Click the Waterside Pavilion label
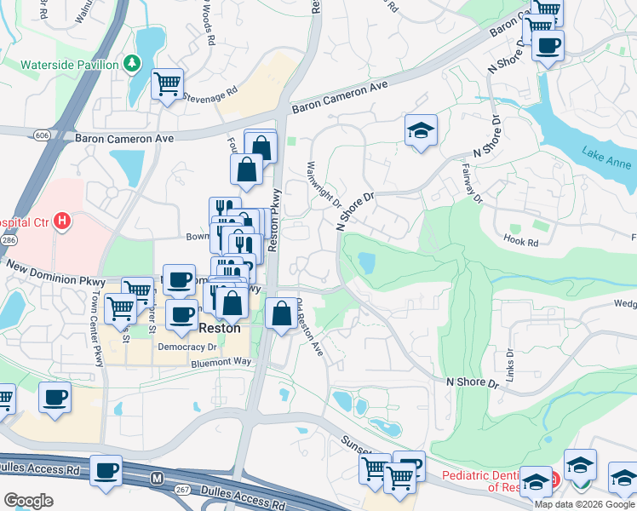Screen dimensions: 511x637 [70, 65]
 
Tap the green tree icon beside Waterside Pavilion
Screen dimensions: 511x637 [132, 64]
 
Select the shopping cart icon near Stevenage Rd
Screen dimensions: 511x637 [168, 84]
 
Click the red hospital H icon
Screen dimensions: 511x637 [61, 221]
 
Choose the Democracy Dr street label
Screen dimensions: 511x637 [187, 347]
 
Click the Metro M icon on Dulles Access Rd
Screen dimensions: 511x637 [156, 479]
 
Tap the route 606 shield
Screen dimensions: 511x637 [41, 135]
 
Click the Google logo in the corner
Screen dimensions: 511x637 [28, 500]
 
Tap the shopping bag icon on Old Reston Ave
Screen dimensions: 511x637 [281, 313]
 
